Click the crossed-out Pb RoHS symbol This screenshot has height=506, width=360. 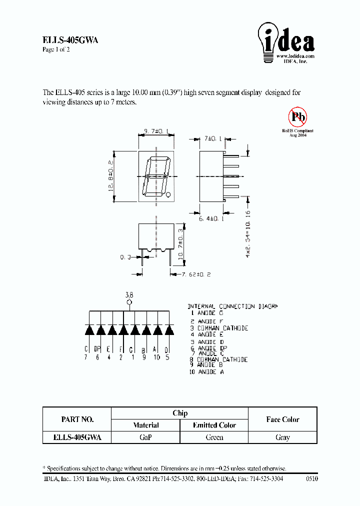[298, 117]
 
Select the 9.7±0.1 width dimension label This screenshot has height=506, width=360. [156, 131]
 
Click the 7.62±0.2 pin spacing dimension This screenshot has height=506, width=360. [191, 274]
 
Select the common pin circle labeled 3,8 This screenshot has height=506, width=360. [129, 302]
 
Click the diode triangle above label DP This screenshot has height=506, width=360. [100, 329]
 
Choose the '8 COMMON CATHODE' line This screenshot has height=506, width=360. [218, 359]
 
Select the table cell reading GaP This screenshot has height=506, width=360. [145, 437]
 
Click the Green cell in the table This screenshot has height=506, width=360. [214, 437]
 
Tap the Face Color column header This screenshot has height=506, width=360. [282, 419]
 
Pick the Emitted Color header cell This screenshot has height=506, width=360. [214, 425]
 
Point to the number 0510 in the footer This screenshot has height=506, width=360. [311, 479]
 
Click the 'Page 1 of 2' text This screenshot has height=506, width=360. [56, 50]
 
